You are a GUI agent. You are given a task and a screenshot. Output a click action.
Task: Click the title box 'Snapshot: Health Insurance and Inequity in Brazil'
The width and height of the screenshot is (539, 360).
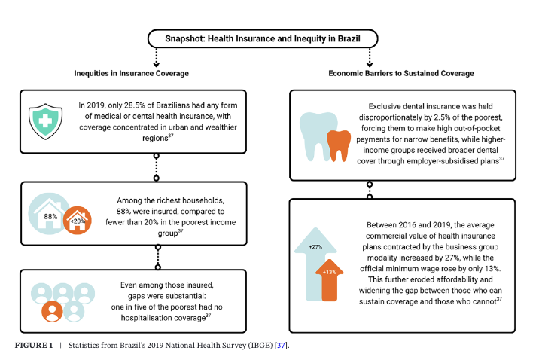[x=263, y=38]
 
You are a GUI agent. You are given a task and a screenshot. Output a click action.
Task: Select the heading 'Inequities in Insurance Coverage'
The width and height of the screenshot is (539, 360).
[x=131, y=73]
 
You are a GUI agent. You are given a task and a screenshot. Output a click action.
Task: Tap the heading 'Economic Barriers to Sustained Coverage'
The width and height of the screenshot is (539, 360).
[x=401, y=73]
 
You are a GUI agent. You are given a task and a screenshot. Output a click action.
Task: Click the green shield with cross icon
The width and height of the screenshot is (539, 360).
[x=45, y=121]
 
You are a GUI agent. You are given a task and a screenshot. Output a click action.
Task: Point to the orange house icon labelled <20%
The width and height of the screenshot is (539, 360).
[x=78, y=221]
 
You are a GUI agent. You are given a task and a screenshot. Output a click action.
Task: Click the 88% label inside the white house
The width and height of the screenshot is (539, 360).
[x=50, y=217]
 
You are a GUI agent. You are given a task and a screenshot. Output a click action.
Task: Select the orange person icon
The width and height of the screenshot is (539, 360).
[x=52, y=311]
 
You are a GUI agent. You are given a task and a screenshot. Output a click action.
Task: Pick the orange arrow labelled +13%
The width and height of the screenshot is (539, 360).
[x=330, y=280]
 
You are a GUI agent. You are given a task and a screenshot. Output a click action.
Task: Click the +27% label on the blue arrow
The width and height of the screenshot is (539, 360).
[x=315, y=246]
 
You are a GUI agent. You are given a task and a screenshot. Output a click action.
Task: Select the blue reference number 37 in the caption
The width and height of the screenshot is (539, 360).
[x=282, y=345]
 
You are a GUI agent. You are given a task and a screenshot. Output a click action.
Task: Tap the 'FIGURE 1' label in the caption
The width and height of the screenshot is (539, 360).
[x=34, y=345]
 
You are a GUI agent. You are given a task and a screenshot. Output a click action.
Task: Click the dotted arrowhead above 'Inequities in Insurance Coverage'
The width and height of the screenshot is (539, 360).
[x=157, y=64]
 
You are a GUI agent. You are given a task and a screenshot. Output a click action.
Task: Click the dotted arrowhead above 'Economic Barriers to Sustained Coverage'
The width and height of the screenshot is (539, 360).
[x=370, y=64]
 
